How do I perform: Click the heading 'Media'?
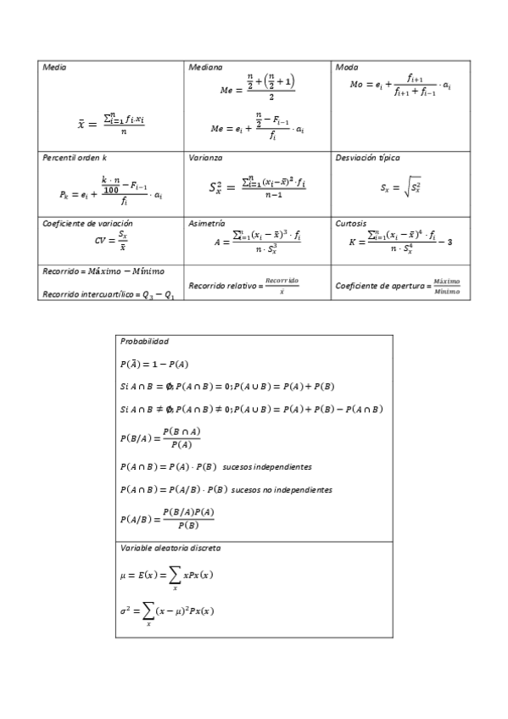[x=54, y=67]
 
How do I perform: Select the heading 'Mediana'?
[x=206, y=67]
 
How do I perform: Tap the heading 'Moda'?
[x=346, y=67]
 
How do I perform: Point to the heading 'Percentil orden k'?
[x=75, y=158]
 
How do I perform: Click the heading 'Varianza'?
[x=207, y=158]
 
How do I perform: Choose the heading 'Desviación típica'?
[x=368, y=158]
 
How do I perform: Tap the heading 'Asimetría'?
[x=207, y=223]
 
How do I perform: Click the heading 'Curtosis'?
[x=351, y=223]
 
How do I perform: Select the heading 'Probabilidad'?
[x=144, y=341]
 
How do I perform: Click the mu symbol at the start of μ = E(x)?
[x=123, y=575]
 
